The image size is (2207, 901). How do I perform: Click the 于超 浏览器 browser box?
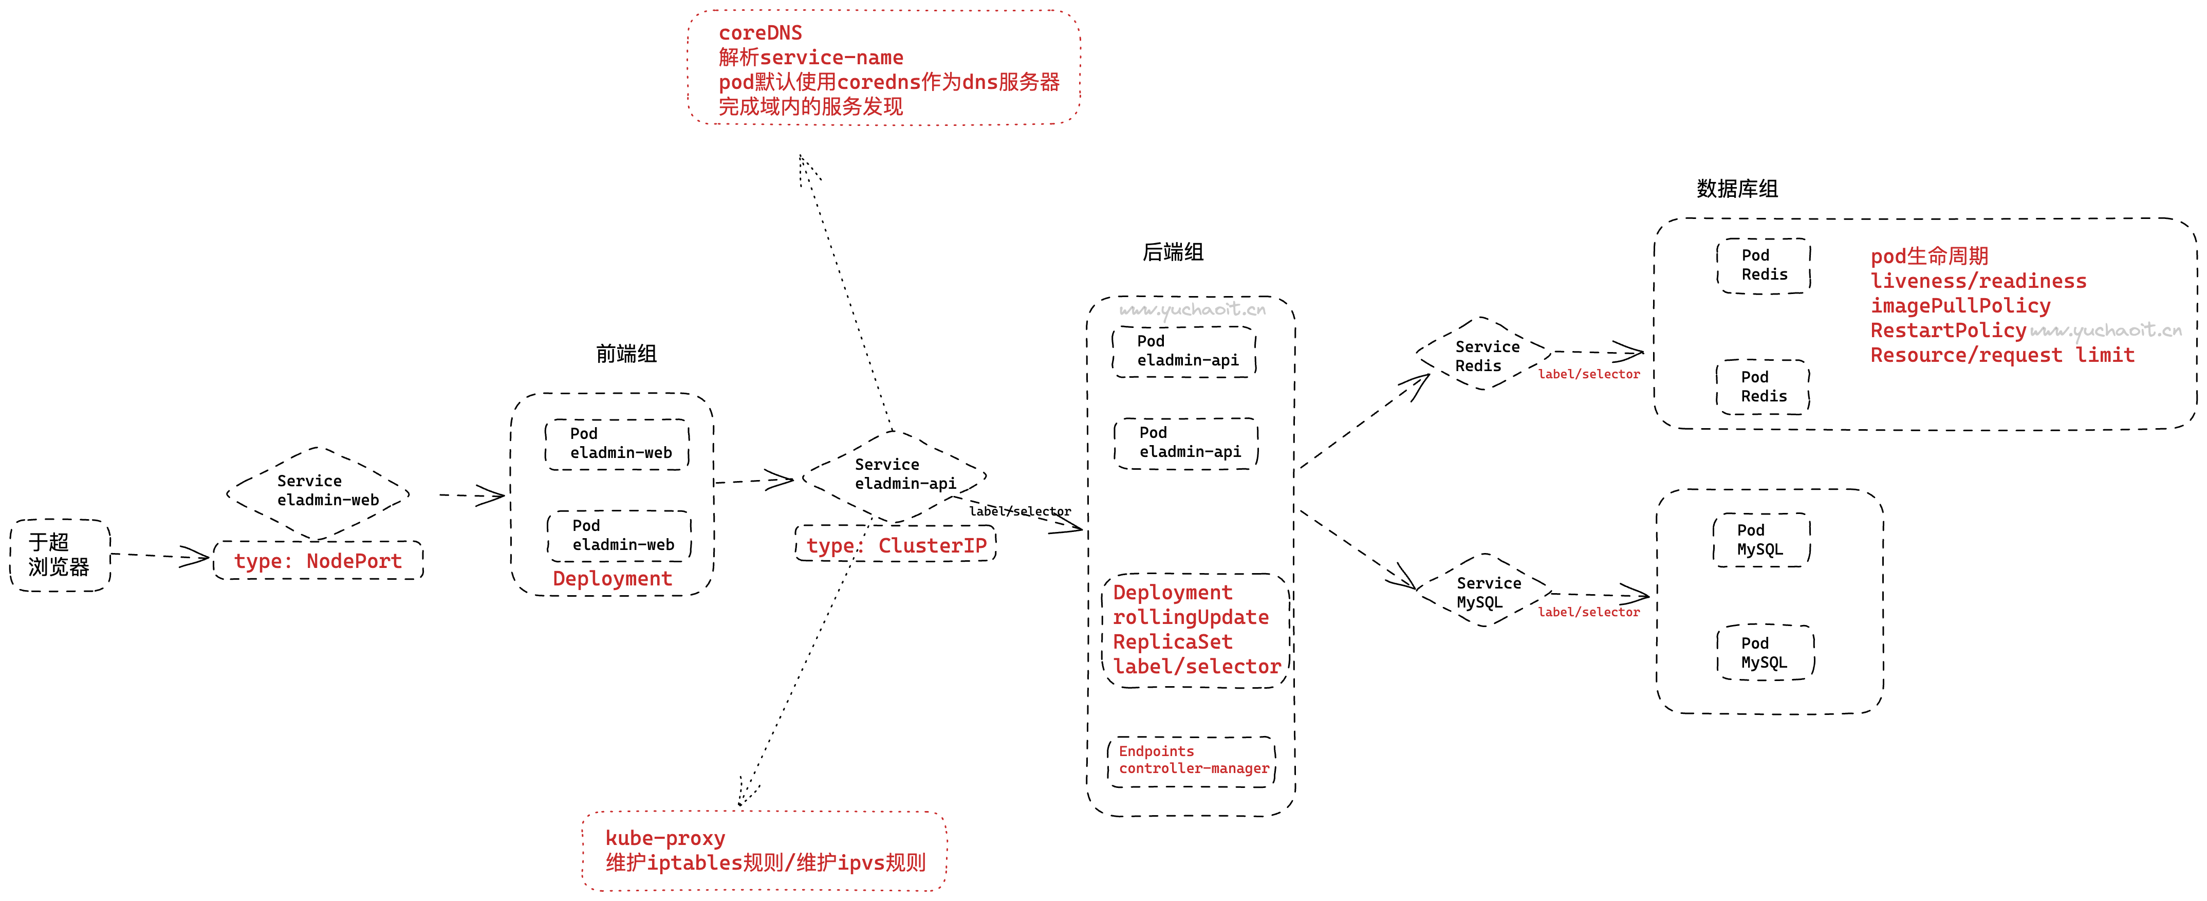click(x=59, y=555)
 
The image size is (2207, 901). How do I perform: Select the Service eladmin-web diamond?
click(x=319, y=492)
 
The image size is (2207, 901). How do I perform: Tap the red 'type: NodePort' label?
click(x=318, y=561)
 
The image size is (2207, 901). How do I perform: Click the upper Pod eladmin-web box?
click(x=618, y=443)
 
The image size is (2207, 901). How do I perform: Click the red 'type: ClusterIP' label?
click(x=896, y=545)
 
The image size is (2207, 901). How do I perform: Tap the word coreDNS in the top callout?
click(x=760, y=32)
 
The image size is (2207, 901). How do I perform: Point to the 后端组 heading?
click(x=1173, y=252)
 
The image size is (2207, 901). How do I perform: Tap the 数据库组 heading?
click(x=1737, y=189)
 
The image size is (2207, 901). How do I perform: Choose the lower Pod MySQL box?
click(x=1765, y=652)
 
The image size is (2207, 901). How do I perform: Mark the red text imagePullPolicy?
click(x=1960, y=306)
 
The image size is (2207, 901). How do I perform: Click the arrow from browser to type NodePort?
click(x=159, y=556)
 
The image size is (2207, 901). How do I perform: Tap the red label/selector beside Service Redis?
click(x=1588, y=374)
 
